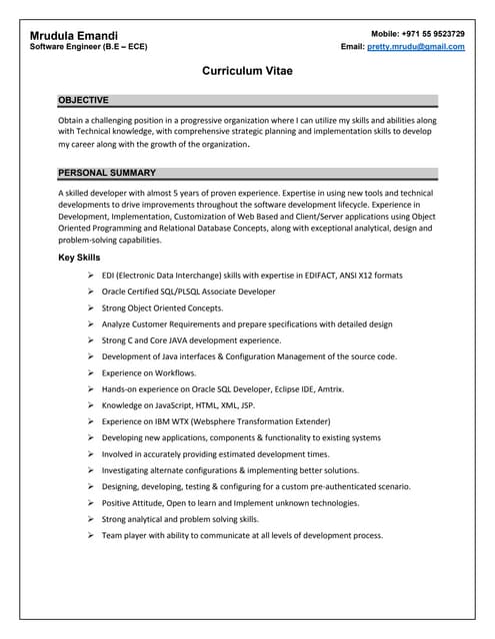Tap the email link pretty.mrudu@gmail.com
[x=415, y=47]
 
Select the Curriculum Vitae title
[x=247, y=72]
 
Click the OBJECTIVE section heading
[x=83, y=101]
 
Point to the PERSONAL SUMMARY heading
[x=107, y=173]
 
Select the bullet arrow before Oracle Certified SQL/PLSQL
[x=91, y=292]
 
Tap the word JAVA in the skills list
[x=194, y=340]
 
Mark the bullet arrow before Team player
[x=91, y=535]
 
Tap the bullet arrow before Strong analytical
[x=91, y=519]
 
